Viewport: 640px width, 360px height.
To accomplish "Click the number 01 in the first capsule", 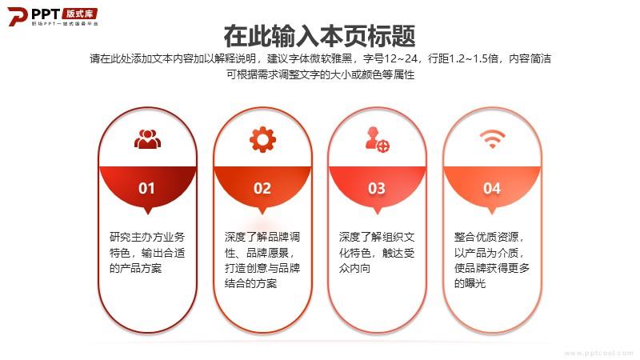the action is (146, 188).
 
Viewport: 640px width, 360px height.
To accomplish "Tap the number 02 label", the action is (262, 188).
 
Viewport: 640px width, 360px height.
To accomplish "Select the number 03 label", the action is (377, 188).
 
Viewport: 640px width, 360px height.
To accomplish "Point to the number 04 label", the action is (492, 188).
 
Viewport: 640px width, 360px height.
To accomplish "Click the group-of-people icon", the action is (147, 139).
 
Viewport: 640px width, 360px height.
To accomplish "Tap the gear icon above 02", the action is (262, 139).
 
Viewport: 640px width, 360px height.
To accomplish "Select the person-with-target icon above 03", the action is (377, 139).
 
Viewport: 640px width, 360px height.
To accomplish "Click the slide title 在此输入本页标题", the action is (319, 36).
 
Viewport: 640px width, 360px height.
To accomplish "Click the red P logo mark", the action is (17, 16).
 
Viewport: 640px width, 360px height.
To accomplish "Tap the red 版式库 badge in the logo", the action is (80, 14).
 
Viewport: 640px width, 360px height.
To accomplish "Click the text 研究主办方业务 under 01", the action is (147, 237).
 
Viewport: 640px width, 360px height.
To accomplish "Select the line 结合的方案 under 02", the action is (250, 283).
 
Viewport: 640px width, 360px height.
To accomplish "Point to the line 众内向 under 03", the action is (354, 268).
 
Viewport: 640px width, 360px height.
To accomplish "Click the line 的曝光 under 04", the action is (470, 283).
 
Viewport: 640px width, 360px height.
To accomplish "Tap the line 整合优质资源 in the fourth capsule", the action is (486, 237).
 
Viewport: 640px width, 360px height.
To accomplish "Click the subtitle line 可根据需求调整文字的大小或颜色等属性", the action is (321, 74).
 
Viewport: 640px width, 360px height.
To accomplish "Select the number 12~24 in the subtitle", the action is (401, 58).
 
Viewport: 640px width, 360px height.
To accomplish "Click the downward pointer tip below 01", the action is (148, 214).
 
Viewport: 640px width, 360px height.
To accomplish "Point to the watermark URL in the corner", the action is (598, 353).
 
